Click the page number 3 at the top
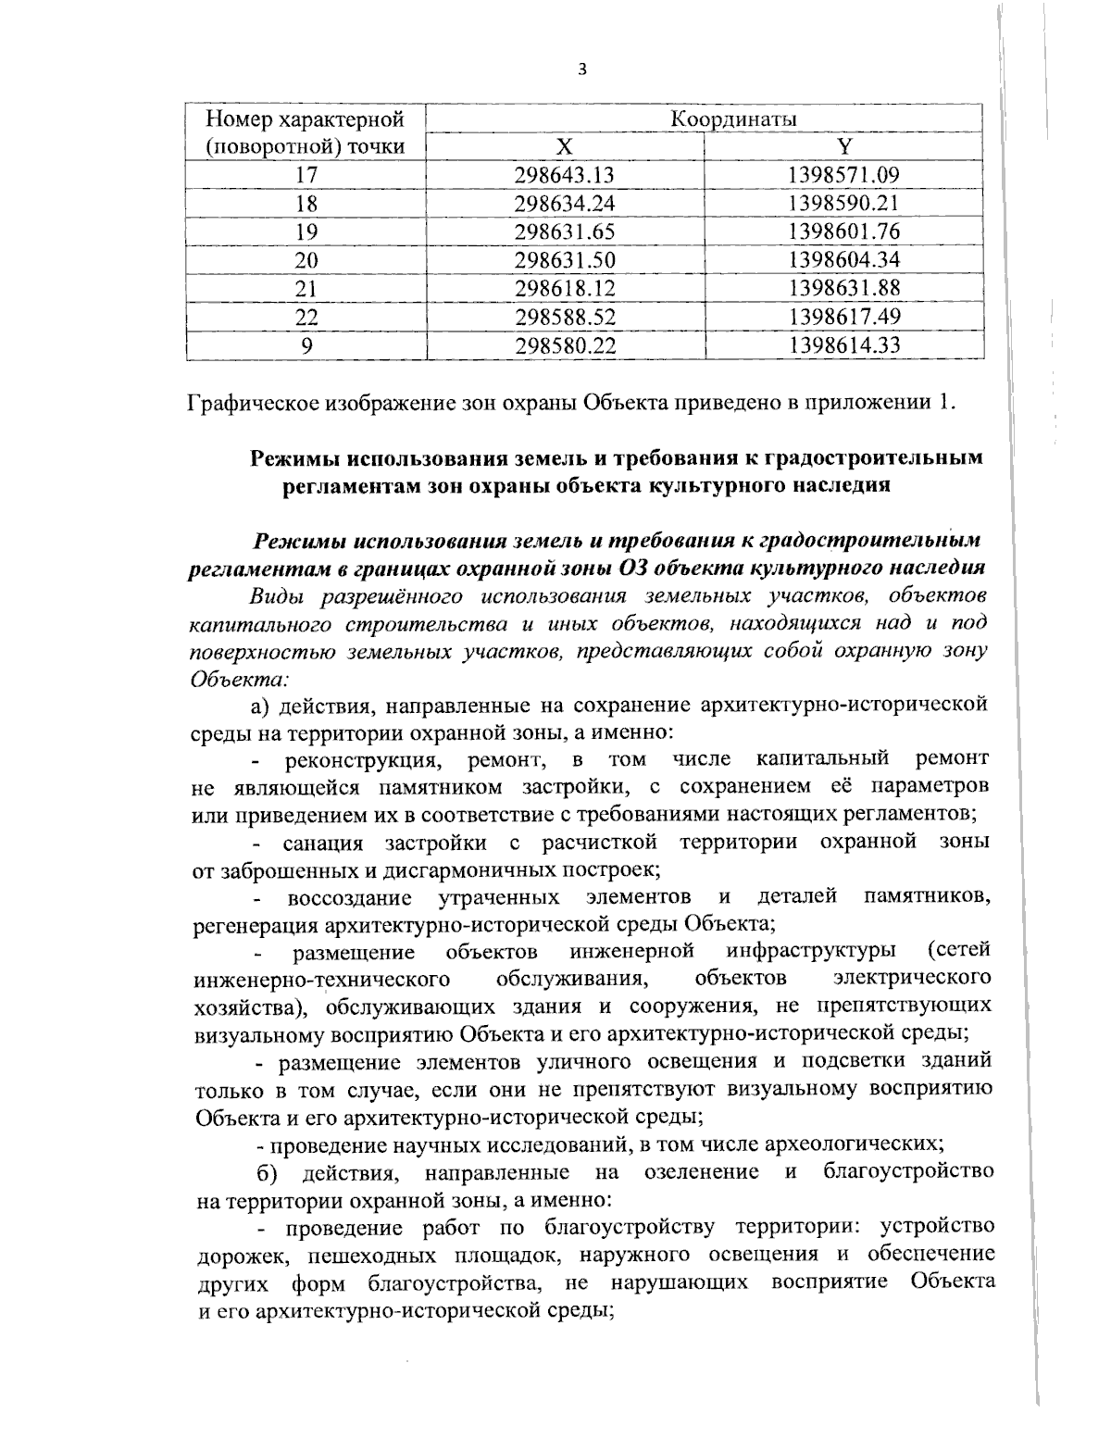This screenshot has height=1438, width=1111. coord(581,69)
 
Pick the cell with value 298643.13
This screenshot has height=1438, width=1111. coord(565,175)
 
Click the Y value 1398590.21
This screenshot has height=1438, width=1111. coord(843,203)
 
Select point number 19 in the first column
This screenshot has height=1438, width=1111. coord(306,231)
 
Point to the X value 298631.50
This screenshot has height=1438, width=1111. coord(565,260)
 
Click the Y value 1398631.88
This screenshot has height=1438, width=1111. coord(843,289)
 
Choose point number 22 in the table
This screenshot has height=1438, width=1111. coord(306,318)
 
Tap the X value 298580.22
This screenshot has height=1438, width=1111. coord(565,346)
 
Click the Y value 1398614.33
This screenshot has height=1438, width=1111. coord(843,346)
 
